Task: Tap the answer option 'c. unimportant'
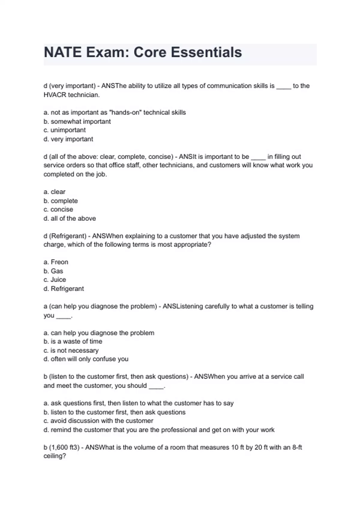(x=64, y=130)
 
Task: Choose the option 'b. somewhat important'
(x=77, y=121)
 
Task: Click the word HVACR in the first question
(x=55, y=95)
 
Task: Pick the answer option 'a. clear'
(x=54, y=192)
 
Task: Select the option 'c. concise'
(x=58, y=209)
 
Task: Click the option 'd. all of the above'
(x=70, y=218)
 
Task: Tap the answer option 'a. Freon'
(x=56, y=262)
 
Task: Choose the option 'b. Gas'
(x=53, y=271)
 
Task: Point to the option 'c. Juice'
(x=55, y=280)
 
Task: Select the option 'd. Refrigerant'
(x=64, y=289)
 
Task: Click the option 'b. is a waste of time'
(x=73, y=341)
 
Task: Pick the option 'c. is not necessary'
(x=71, y=350)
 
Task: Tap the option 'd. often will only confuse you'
(x=86, y=359)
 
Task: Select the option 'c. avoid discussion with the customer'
(x=98, y=421)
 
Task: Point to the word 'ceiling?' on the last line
(x=55, y=456)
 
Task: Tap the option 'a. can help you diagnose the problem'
(x=99, y=333)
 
